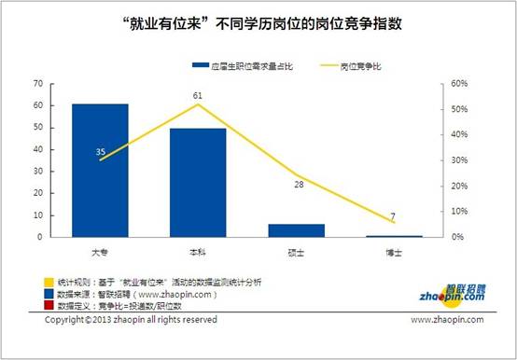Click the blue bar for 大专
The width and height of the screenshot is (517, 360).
[101, 170]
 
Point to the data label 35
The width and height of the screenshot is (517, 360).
[101, 151]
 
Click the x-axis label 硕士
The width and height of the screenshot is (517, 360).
[297, 253]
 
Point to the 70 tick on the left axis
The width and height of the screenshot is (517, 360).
[38, 83]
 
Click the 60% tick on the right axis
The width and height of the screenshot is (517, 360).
[458, 83]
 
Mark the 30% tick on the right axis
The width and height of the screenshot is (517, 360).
[458, 159]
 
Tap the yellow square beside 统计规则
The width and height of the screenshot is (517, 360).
[49, 281]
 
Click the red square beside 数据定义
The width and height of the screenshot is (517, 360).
[49, 304]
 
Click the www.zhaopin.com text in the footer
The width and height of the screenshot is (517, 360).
[448, 320]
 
